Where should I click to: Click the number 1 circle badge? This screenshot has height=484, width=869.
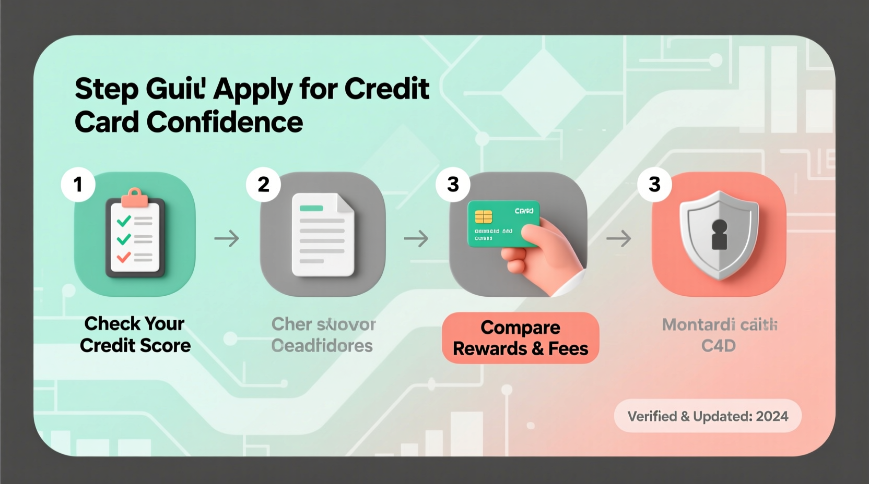click(x=78, y=184)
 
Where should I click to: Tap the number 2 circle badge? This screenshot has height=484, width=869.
click(x=264, y=184)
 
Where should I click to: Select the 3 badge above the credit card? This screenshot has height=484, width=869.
click(x=453, y=184)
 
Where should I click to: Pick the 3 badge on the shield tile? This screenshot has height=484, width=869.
click(x=654, y=184)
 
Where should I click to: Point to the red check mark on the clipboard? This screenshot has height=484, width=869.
click(x=124, y=257)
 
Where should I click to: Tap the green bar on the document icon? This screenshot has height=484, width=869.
click(x=311, y=208)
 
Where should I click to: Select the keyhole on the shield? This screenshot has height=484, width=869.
click(x=720, y=234)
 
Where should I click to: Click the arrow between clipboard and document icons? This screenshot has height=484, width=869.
click(x=227, y=239)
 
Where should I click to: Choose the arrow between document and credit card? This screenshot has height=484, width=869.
click(x=416, y=239)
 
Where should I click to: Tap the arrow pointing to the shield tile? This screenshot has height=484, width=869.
click(x=618, y=239)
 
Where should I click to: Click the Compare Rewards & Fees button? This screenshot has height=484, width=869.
click(x=520, y=338)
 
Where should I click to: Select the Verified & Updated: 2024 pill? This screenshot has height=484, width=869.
click(x=708, y=416)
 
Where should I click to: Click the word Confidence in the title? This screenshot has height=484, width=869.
click(x=225, y=122)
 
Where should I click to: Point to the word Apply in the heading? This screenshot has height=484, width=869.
click(x=253, y=89)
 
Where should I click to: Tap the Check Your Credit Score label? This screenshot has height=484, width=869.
click(x=135, y=334)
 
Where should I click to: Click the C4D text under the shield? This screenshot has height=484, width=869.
click(x=719, y=346)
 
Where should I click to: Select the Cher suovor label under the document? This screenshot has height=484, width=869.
click(x=323, y=324)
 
